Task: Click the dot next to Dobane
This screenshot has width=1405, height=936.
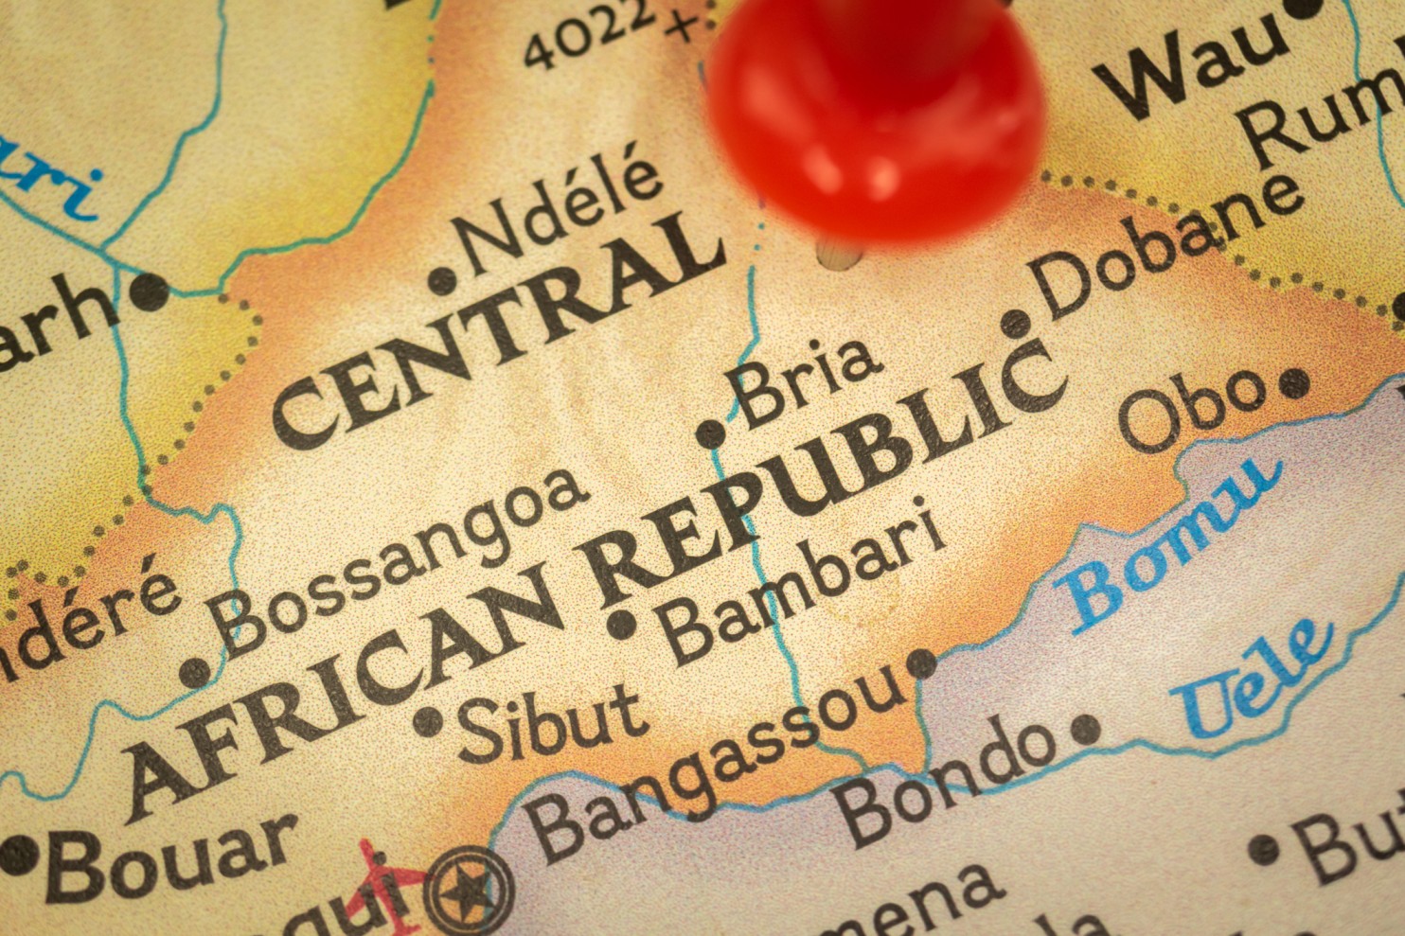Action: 1016,324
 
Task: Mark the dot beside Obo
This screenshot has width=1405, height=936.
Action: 1294,384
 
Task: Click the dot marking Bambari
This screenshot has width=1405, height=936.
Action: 622,625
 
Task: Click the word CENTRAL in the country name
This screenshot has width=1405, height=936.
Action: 497,331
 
